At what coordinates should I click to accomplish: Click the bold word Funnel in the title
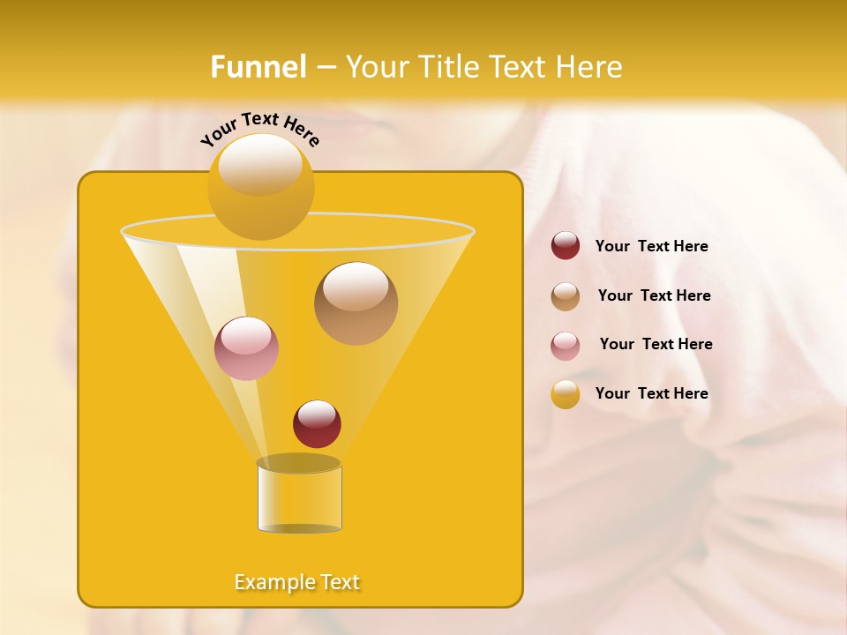[x=259, y=67]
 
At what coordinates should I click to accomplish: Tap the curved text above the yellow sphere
[x=260, y=128]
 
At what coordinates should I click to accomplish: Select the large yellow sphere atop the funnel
[x=261, y=187]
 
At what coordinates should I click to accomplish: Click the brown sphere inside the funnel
[x=356, y=303]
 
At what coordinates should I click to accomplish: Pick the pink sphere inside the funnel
[x=246, y=348]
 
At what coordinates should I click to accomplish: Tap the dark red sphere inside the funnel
[x=317, y=424]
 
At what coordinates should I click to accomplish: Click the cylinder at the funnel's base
[x=299, y=499]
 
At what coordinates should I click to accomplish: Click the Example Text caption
[x=297, y=582]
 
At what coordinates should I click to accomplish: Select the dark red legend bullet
[x=566, y=246]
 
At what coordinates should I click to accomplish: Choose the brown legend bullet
[x=566, y=296]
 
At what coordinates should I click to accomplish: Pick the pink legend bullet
[x=566, y=346]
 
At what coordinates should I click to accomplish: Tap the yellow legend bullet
[x=566, y=394]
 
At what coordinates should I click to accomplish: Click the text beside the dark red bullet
[x=651, y=247]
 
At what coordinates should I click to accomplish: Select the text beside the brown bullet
[x=654, y=296]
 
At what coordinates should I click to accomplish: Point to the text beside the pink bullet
[x=656, y=345]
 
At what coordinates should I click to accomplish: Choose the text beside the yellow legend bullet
[x=651, y=393]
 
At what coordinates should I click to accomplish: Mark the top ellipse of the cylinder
[x=299, y=463]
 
